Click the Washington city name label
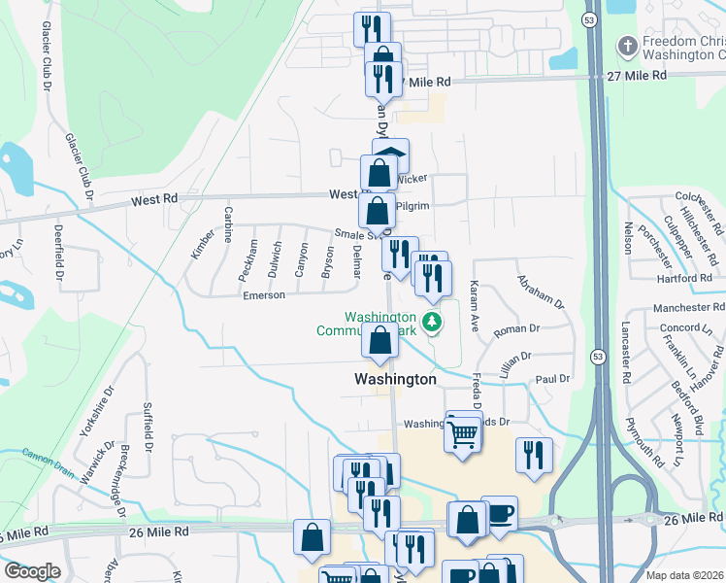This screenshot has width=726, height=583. [x=395, y=379]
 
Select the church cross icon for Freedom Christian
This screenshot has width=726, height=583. [x=628, y=45]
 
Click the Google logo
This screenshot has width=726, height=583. [x=32, y=570]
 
